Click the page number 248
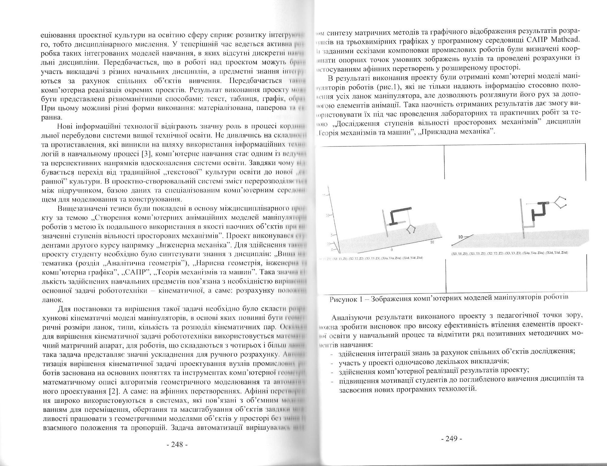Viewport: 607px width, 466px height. [177, 444]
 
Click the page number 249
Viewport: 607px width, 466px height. [452, 439]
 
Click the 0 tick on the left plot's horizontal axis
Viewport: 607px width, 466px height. [392, 249]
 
